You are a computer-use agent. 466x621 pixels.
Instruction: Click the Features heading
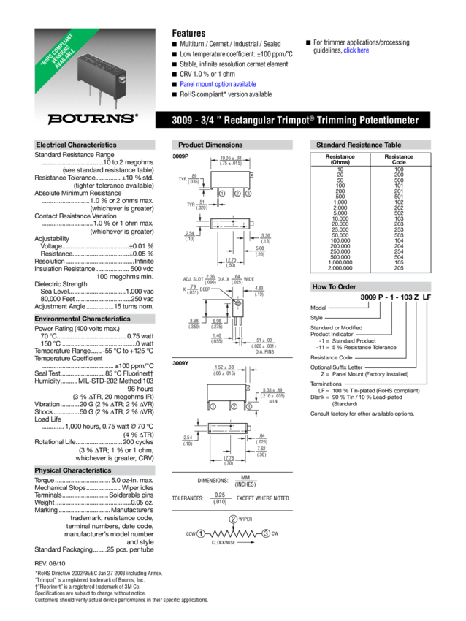(188, 34)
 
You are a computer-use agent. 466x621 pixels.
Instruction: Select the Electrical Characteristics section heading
(76, 145)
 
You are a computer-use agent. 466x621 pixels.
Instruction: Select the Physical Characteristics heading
(73, 470)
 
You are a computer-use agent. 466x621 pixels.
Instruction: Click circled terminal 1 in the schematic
(200, 534)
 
